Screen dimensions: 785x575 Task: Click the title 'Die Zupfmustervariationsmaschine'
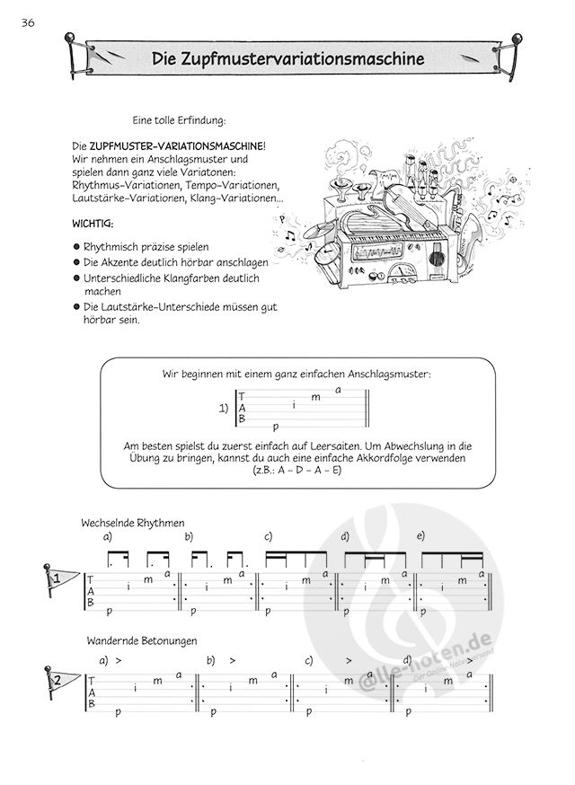pyautogui.click(x=288, y=60)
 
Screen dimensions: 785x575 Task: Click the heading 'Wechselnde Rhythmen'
pyautogui.click(x=132, y=522)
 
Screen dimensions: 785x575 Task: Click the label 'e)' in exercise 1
pyautogui.click(x=420, y=536)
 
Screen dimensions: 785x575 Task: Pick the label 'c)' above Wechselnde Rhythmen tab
pyautogui.click(x=268, y=536)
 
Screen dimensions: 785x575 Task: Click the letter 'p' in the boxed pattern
pyautogui.click(x=275, y=427)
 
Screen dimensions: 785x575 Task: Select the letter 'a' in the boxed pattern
pyautogui.click(x=338, y=389)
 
